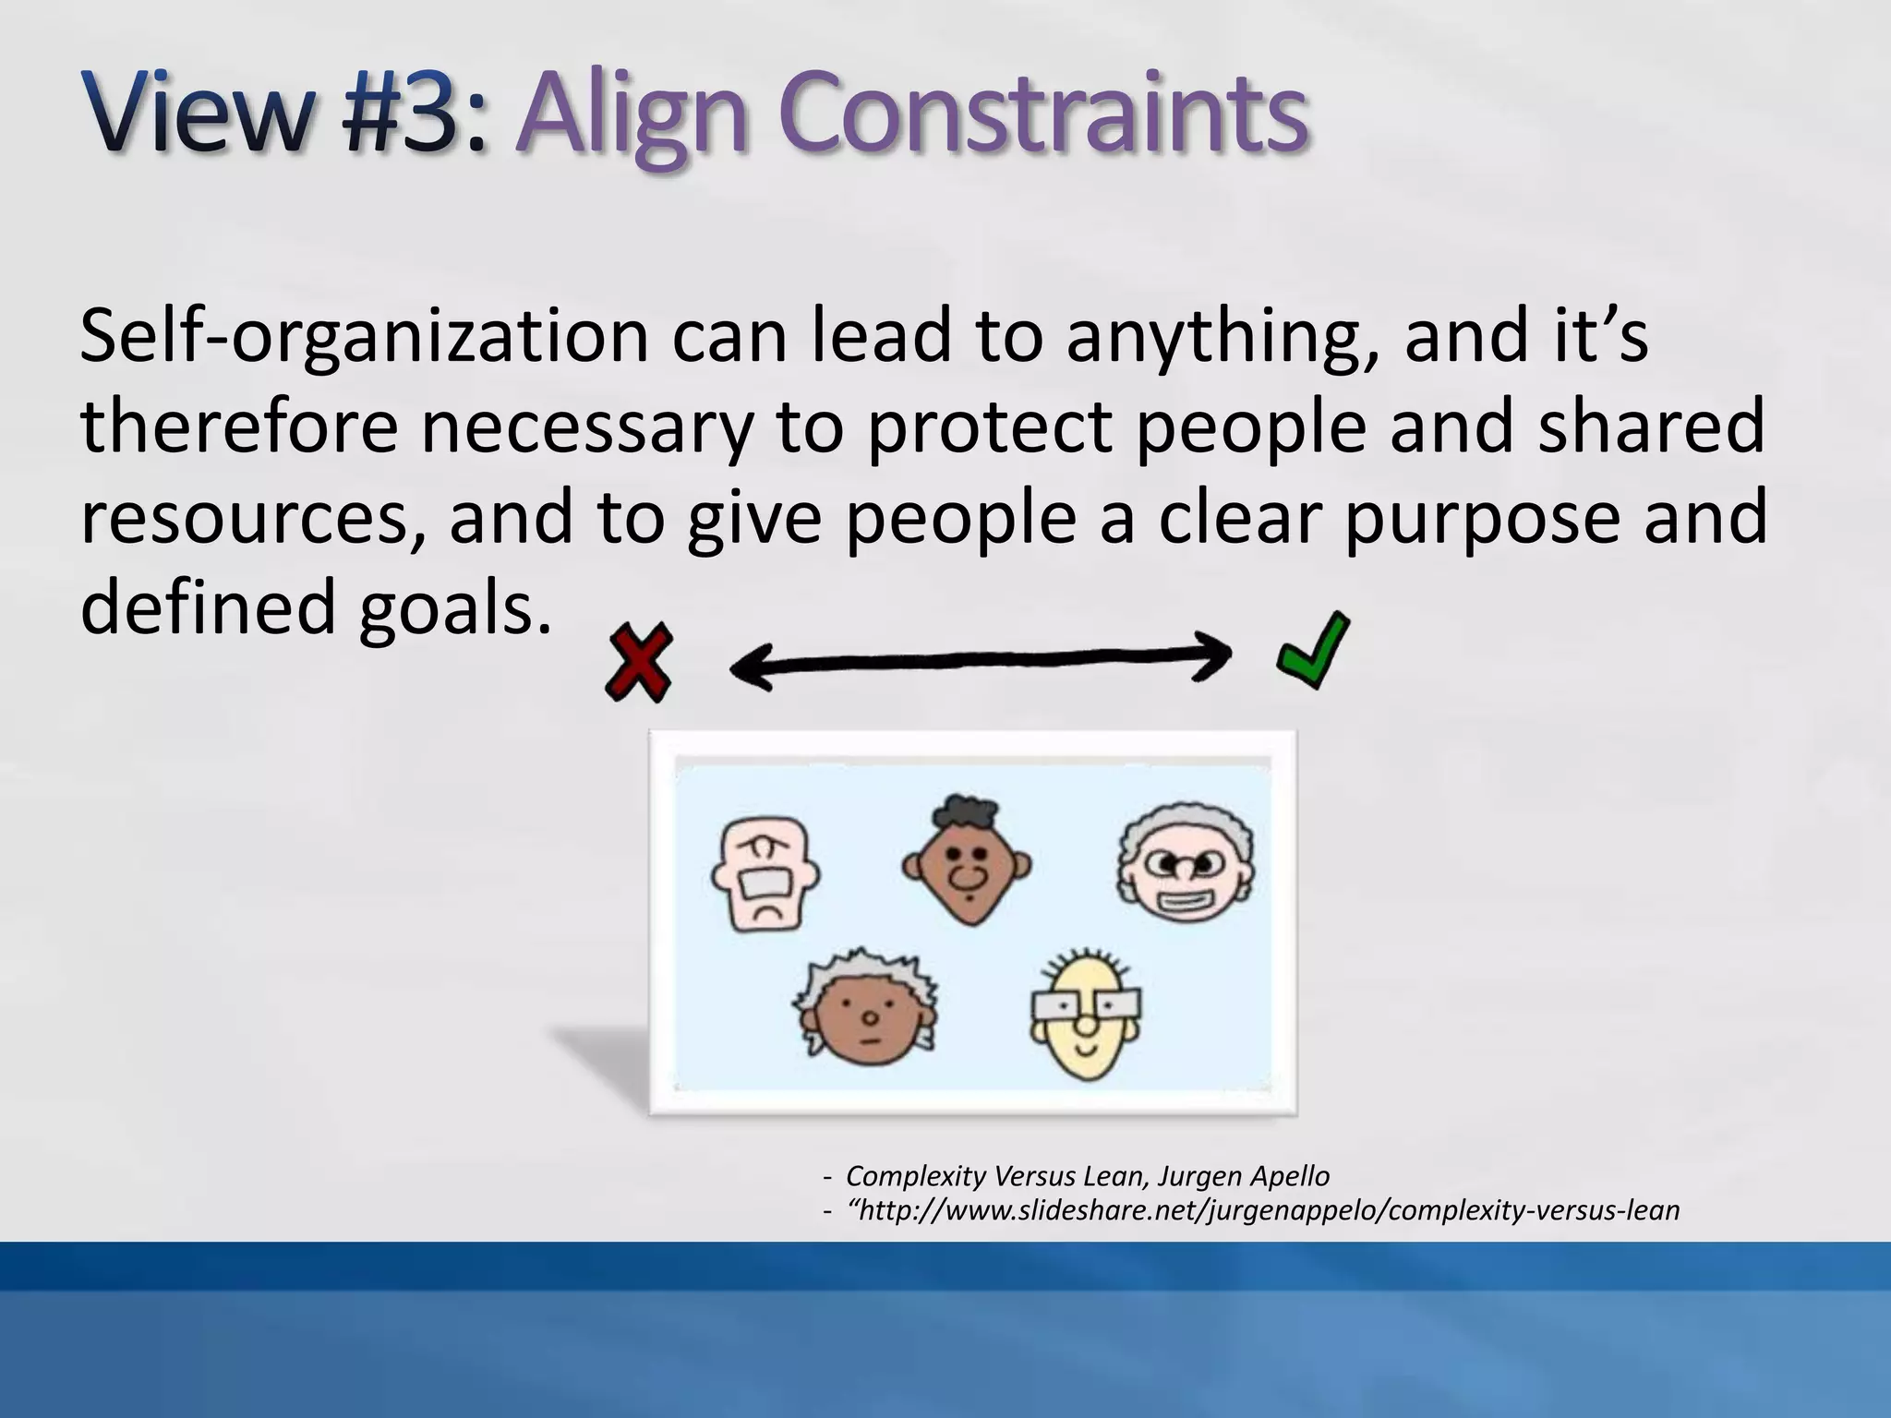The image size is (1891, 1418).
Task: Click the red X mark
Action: [638, 662]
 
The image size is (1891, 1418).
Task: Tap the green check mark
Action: [1313, 651]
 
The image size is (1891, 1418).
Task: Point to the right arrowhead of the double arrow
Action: [1211, 655]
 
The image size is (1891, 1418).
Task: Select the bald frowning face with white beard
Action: [765, 873]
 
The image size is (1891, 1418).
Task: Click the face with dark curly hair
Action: [967, 860]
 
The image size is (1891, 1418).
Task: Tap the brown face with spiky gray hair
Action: [866, 1011]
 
